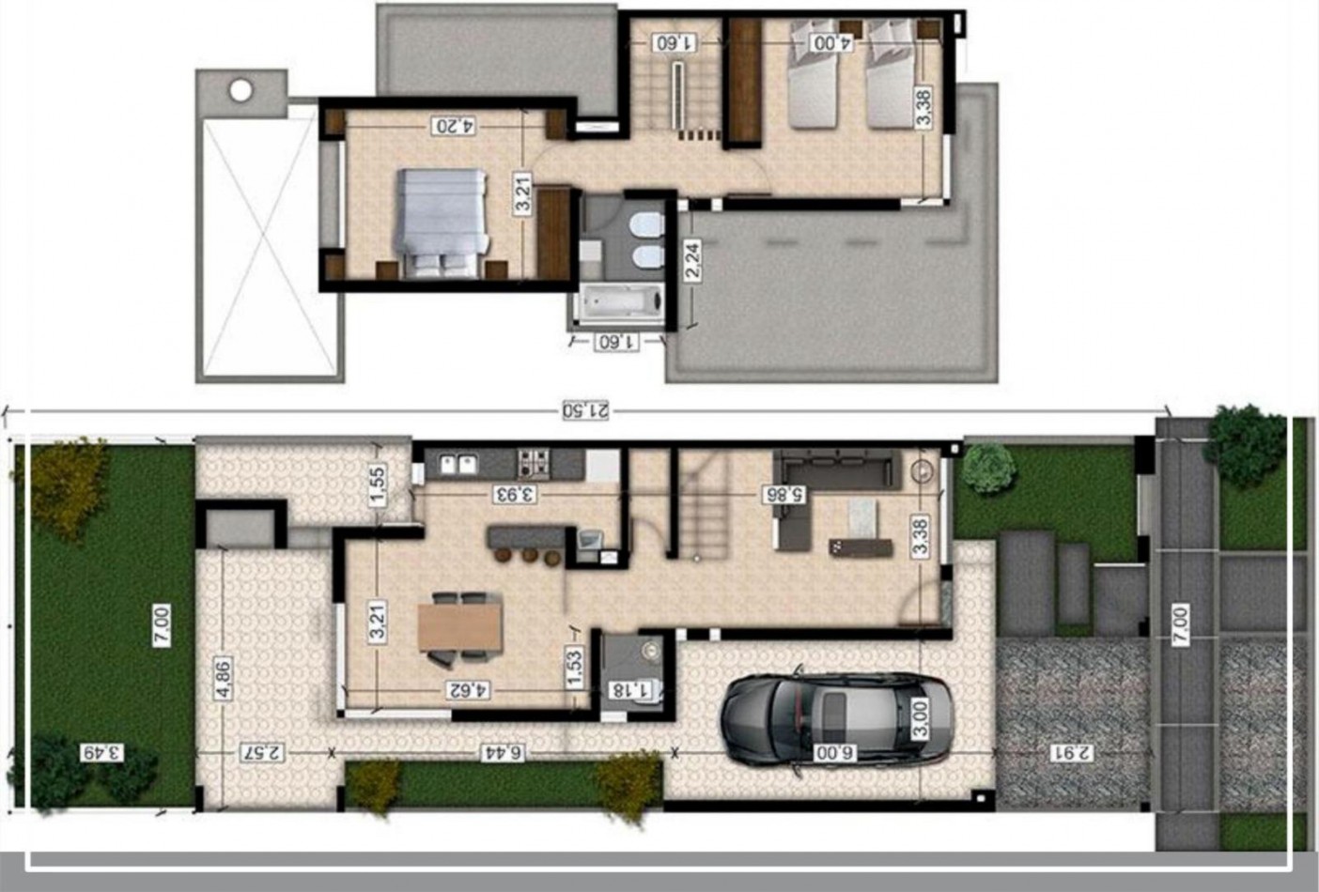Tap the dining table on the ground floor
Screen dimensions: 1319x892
(x=460, y=627)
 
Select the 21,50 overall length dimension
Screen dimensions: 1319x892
(x=585, y=410)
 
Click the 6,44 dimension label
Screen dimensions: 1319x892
(x=503, y=752)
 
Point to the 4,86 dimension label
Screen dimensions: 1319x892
(x=224, y=678)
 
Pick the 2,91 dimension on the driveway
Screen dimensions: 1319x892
(x=1072, y=752)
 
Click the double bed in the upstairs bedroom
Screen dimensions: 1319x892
(x=442, y=223)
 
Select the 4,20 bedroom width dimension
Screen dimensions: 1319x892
(x=455, y=125)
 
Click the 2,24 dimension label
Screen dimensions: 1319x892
(x=693, y=261)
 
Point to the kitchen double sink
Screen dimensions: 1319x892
(x=459, y=464)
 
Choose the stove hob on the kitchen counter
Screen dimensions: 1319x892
(x=534, y=464)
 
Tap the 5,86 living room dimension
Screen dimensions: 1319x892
(x=784, y=494)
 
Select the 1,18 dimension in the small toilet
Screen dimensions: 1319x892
(x=628, y=689)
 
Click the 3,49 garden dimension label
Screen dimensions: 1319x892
(x=101, y=752)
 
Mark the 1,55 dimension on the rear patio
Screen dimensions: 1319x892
(x=378, y=485)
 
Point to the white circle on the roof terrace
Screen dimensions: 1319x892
(x=241, y=91)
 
